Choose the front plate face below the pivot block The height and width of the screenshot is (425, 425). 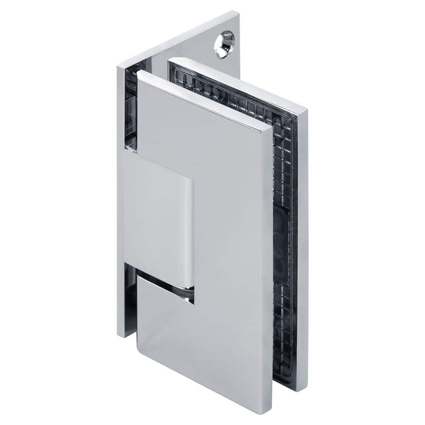pyautogui.click(x=204, y=340)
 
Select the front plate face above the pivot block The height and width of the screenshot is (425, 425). pyautogui.click(x=204, y=140)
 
